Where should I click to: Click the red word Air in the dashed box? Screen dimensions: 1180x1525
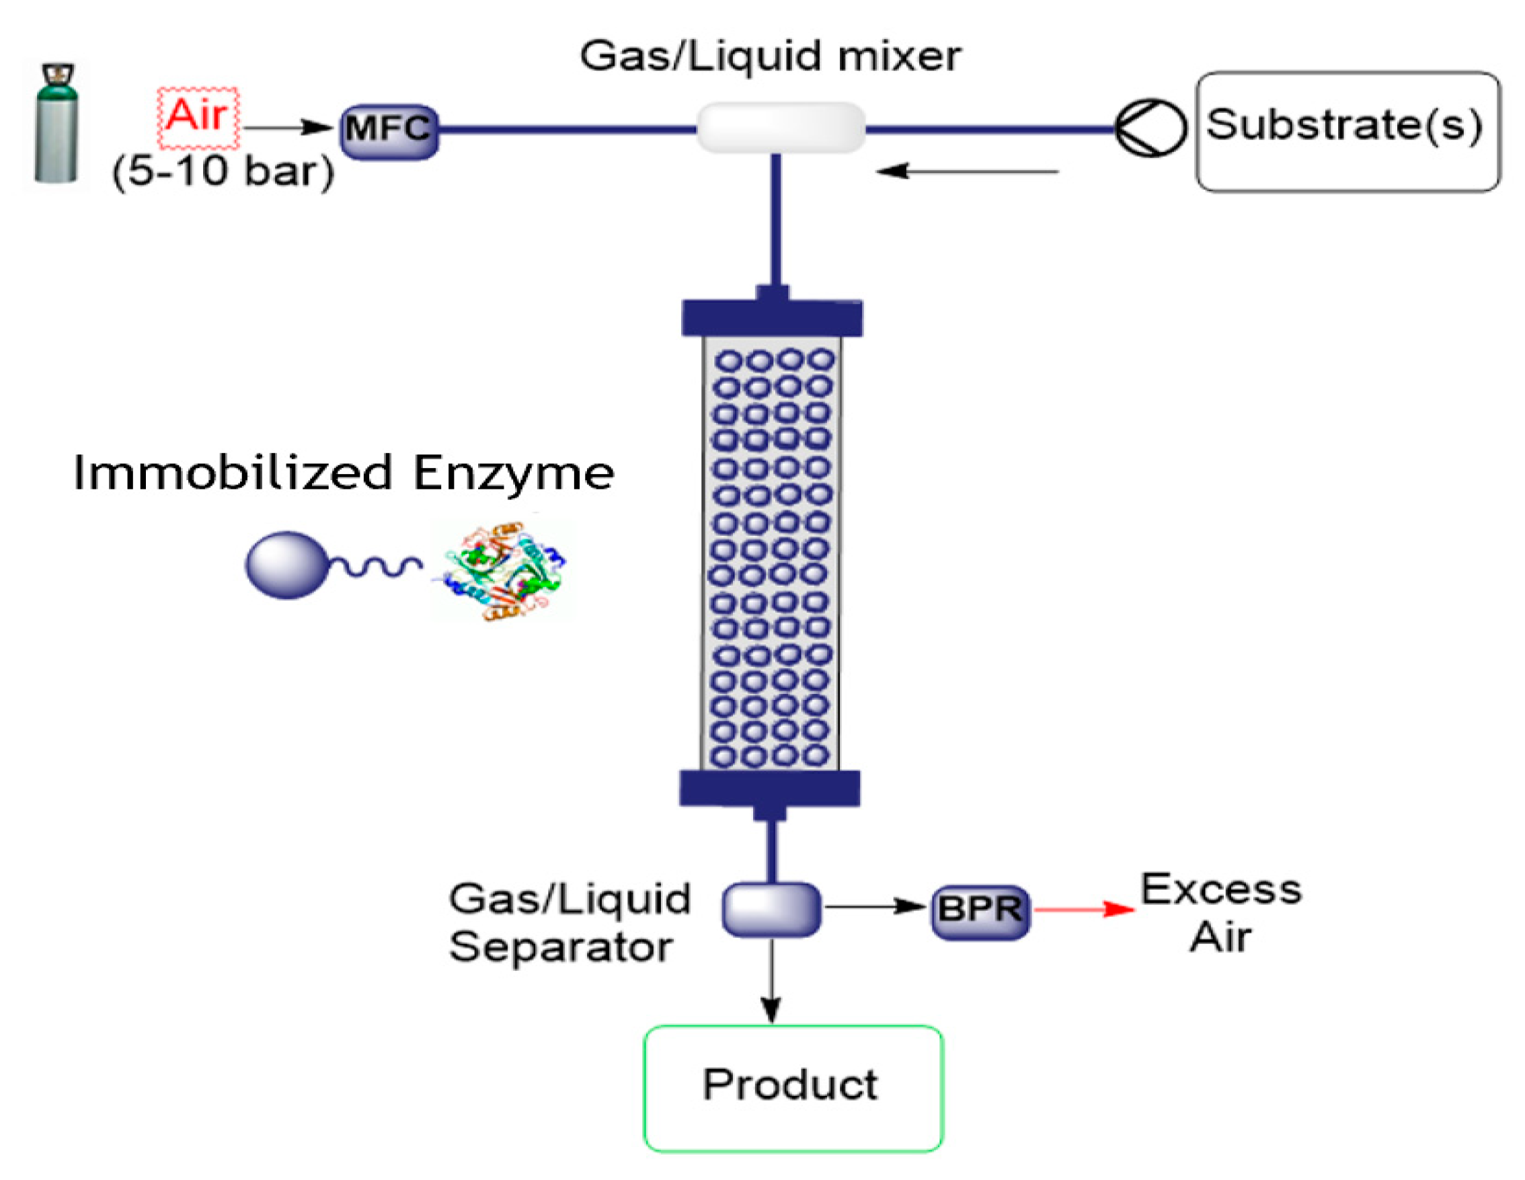(x=198, y=116)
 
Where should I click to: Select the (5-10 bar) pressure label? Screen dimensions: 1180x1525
(x=223, y=171)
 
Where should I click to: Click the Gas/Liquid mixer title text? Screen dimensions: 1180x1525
(x=769, y=56)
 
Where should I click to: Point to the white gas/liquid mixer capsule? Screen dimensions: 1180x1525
(x=781, y=128)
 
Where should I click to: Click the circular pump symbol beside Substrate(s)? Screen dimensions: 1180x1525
(x=1150, y=128)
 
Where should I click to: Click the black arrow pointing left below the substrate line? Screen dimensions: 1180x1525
(x=967, y=171)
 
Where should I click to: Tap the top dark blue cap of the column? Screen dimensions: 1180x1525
(x=772, y=317)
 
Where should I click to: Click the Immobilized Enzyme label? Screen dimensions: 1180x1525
(x=343, y=473)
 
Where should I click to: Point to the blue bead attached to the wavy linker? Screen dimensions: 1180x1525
(x=286, y=565)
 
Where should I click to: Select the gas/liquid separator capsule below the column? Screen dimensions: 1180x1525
(x=771, y=908)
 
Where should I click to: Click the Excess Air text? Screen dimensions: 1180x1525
(x=1221, y=912)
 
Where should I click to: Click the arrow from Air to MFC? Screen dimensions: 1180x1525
(x=288, y=128)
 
